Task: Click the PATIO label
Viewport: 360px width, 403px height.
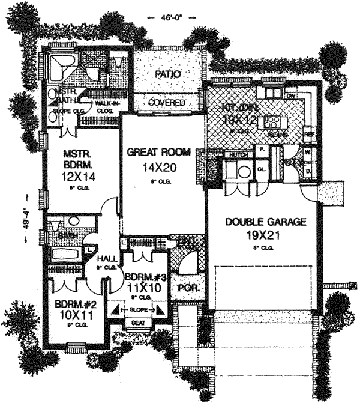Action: coord(169,74)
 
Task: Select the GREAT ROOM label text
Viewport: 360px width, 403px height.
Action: coord(155,153)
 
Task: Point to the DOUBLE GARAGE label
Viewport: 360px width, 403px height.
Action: coord(266,222)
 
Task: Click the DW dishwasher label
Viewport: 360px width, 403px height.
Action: coord(292,94)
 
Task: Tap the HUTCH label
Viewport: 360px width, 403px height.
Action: coord(239,155)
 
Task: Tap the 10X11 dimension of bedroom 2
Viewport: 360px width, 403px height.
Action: coord(71,314)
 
